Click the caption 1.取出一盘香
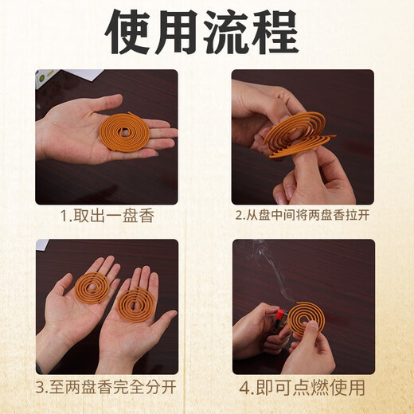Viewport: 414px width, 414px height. click(x=107, y=216)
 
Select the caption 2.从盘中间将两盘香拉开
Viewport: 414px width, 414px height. click(x=303, y=216)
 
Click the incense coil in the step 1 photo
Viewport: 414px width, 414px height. click(x=123, y=132)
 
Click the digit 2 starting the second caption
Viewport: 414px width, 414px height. click(x=239, y=216)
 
